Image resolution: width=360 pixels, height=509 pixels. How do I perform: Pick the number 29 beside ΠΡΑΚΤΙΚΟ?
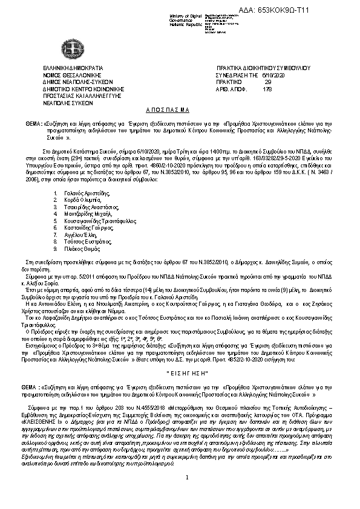point(268,82)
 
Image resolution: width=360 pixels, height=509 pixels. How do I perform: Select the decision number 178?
point(268,89)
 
